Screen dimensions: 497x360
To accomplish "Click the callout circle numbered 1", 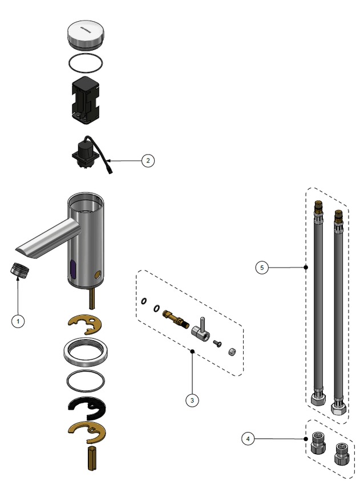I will (18, 321).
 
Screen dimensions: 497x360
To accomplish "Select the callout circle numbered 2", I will (147, 160).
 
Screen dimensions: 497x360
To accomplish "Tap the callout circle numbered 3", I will (192, 401).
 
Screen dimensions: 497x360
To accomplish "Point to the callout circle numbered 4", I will (247, 439).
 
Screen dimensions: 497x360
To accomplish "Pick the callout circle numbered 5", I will (261, 267).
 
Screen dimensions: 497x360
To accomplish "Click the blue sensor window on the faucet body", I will (72, 266).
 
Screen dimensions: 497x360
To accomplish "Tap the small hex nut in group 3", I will (232, 350).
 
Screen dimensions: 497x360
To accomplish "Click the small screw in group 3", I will (217, 342).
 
